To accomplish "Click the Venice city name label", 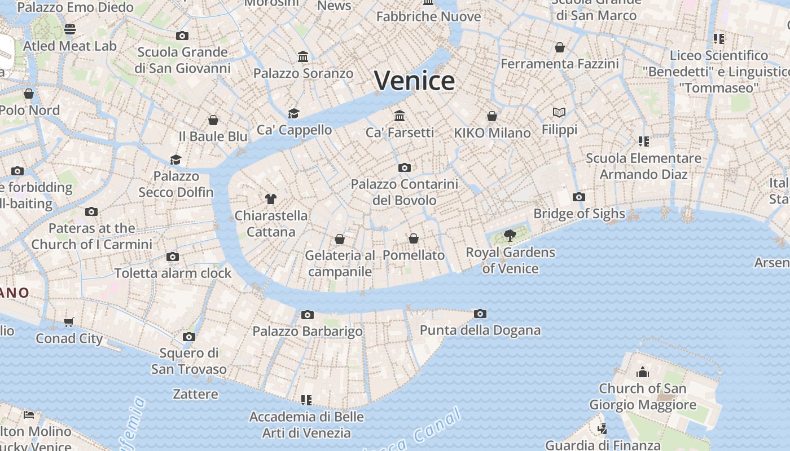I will pyautogui.click(x=414, y=81).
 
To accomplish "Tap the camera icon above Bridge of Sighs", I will pyautogui.click(x=578, y=197).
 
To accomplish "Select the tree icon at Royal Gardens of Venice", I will pyautogui.click(x=510, y=235).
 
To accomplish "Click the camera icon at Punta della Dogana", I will pyautogui.click(x=480, y=313).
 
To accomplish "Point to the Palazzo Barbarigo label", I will pyautogui.click(x=307, y=331).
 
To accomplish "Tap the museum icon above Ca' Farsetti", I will pyautogui.click(x=400, y=116).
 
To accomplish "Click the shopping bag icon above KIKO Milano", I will pyautogui.click(x=492, y=116).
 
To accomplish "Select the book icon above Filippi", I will pyautogui.click(x=559, y=113).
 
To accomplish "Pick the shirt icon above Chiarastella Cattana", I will pyautogui.click(x=271, y=198).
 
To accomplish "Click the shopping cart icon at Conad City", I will pyautogui.click(x=69, y=322).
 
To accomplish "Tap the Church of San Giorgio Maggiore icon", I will pyautogui.click(x=642, y=372).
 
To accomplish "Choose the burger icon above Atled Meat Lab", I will pyautogui.click(x=70, y=29).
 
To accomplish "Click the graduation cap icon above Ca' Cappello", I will pyautogui.click(x=293, y=113).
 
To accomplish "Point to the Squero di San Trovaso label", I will pyautogui.click(x=188, y=361).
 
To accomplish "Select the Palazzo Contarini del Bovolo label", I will pyautogui.click(x=404, y=192).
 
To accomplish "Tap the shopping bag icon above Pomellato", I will pyautogui.click(x=414, y=238).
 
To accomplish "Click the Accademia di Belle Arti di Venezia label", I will pyautogui.click(x=306, y=425).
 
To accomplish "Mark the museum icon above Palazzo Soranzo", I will pyautogui.click(x=303, y=56).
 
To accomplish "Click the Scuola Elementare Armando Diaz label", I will pyautogui.click(x=643, y=166).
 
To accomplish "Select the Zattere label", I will pyautogui.click(x=195, y=393).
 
